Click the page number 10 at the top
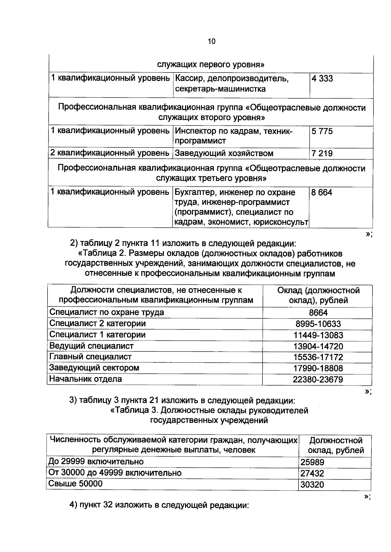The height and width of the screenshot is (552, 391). tap(211, 41)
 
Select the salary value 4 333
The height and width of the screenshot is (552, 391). tap(322, 78)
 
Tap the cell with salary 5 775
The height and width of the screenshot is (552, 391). tap(322, 131)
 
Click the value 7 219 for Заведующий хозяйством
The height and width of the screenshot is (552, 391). tap(322, 153)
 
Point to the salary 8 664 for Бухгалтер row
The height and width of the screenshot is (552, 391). tap(322, 192)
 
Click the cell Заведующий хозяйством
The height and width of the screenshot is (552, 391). tap(224, 153)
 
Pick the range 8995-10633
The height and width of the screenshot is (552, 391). tap(318, 324)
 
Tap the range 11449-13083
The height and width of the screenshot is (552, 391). tap(318, 335)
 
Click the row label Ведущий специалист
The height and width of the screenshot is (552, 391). tap(91, 346)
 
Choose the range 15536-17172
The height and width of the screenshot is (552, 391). tap(318, 357)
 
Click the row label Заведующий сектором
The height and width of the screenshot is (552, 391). tap(94, 368)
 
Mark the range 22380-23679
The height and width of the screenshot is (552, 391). tap(318, 379)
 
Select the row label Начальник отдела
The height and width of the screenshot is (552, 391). tap(85, 379)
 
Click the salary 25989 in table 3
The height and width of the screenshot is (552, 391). tap(312, 462)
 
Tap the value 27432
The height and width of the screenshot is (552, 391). tap(312, 473)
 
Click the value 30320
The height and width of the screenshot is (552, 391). tap(312, 485)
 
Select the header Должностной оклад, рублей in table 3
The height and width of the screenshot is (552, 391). tap(336, 445)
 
